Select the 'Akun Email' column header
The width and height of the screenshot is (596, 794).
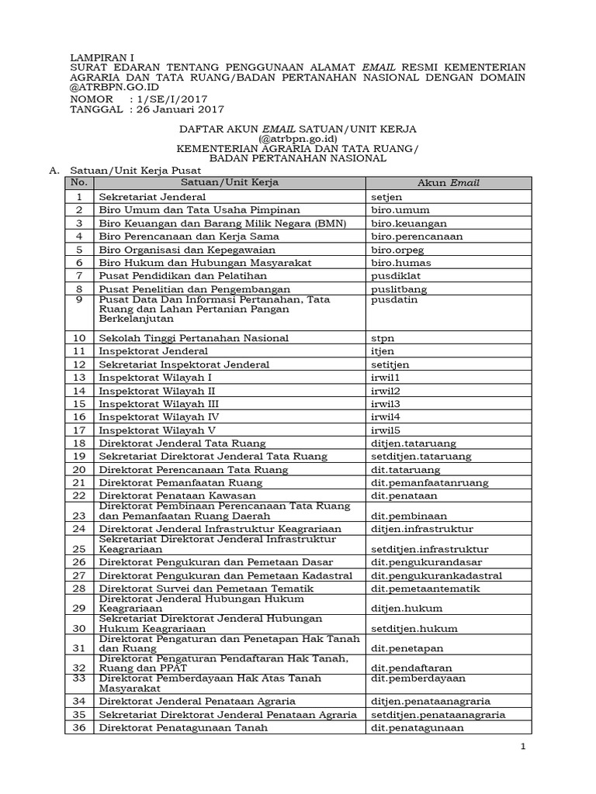tap(449, 183)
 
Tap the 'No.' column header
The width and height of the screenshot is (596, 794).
tap(78, 183)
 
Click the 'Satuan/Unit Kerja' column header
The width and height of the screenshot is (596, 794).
tap(229, 183)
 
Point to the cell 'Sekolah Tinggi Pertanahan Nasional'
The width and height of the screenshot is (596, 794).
tap(193, 338)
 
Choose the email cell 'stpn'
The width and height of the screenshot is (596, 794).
tap(383, 338)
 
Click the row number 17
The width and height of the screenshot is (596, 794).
tap(78, 430)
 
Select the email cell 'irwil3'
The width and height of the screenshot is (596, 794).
tap(386, 404)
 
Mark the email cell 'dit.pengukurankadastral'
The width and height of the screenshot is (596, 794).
tap(436, 575)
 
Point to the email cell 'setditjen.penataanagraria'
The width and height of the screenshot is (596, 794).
tap(438, 714)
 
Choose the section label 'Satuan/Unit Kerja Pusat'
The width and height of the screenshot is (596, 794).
tap(134, 169)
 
